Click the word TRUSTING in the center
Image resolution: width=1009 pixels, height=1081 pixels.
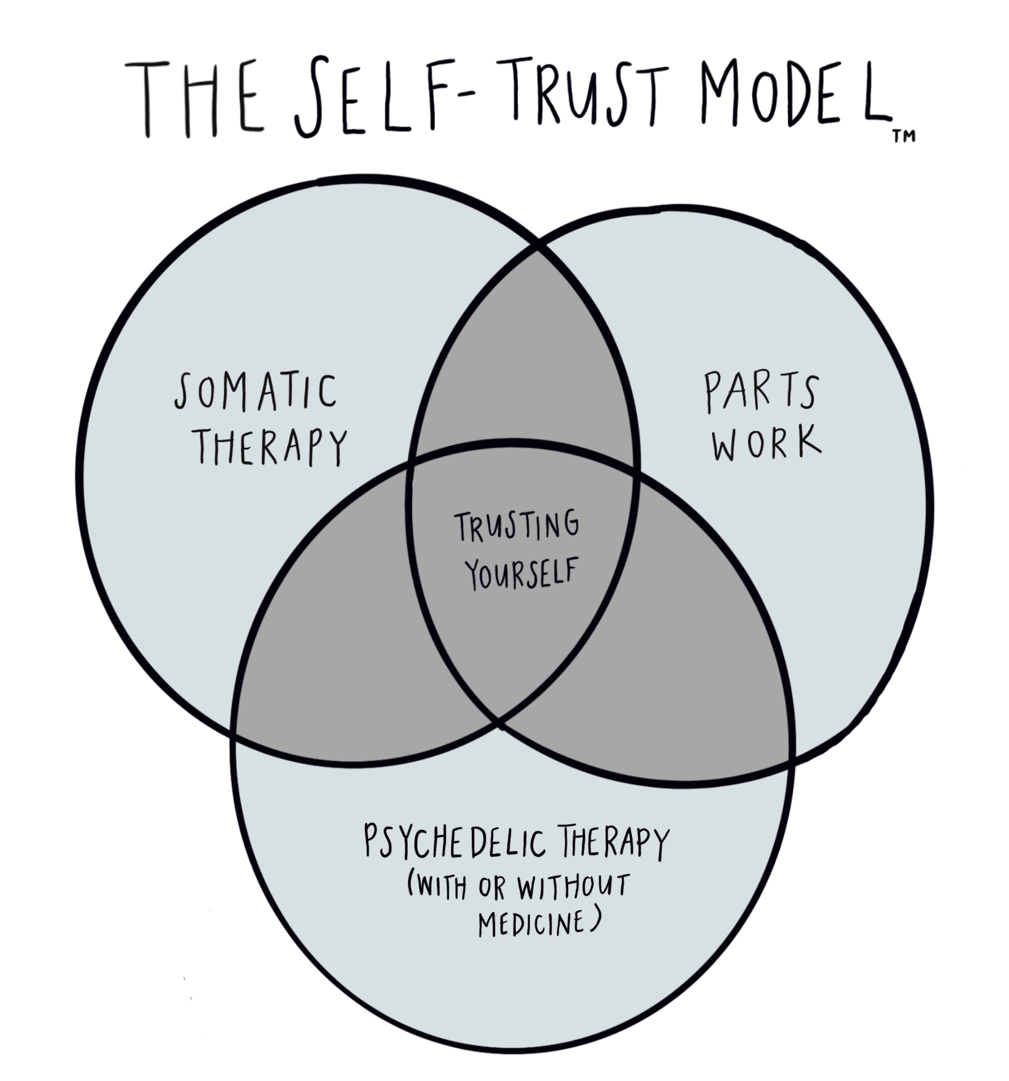(x=517, y=527)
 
